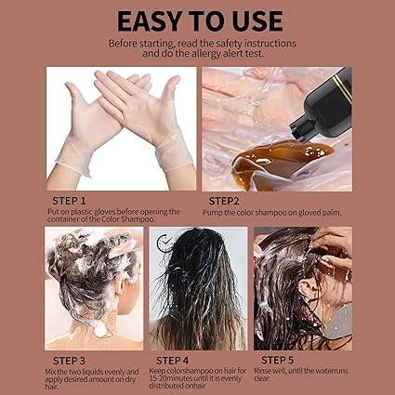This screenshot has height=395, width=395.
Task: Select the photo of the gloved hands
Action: [x=121, y=127]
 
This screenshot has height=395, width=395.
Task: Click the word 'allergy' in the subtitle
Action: [x=184, y=55]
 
